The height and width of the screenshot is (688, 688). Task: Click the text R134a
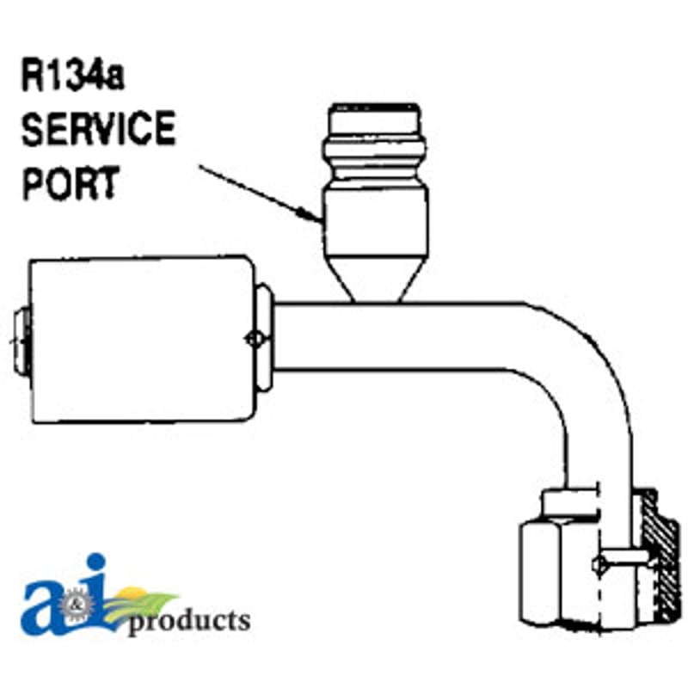[x=72, y=76]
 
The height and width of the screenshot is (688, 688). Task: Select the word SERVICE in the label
[x=98, y=128]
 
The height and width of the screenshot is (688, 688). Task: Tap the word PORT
[x=71, y=182]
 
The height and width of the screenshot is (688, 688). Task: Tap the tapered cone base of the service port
[x=376, y=279]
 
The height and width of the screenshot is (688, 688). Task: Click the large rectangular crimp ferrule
[x=142, y=339]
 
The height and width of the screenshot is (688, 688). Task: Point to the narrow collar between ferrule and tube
[x=264, y=337]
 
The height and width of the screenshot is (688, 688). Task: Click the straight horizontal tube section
[x=395, y=336]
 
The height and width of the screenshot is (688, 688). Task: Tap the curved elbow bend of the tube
[x=584, y=378]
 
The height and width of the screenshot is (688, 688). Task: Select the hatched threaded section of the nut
[x=659, y=555]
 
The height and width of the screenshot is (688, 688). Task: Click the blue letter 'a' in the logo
[x=44, y=609]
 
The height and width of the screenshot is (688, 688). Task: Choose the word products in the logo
[x=188, y=622]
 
